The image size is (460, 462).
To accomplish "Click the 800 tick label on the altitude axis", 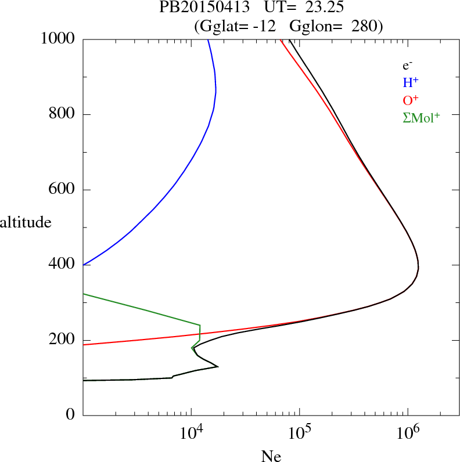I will click(x=62, y=114).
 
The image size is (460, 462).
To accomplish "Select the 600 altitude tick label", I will click(x=62, y=190).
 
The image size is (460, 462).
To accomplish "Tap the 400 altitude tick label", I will click(x=62, y=265).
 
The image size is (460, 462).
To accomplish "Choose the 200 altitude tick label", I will click(x=62, y=340).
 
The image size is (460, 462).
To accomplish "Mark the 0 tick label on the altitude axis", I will click(x=71, y=415).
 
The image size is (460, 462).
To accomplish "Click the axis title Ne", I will click(x=271, y=456).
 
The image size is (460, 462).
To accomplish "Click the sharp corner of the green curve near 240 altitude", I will click(x=200, y=325).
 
